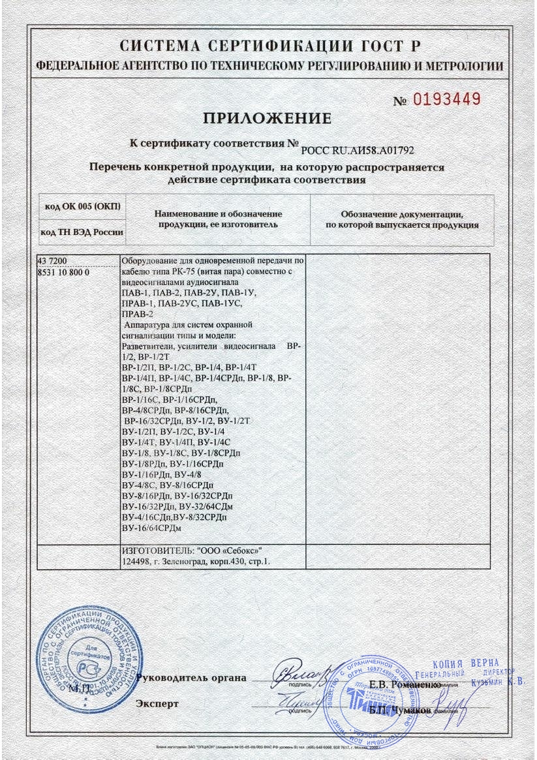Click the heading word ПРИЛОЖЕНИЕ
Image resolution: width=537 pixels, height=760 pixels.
[x=268, y=119]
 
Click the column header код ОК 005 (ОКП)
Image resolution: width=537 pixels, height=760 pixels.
[x=83, y=207]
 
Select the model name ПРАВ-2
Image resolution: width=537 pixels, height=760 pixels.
[x=137, y=314]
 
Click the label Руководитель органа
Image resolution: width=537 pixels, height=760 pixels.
[x=193, y=678]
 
